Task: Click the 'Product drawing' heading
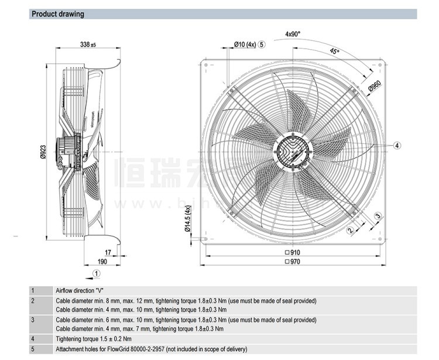[57, 14]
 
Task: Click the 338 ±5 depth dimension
[88, 44]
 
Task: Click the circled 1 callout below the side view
[97, 273]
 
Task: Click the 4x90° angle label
[293, 34]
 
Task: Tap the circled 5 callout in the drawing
[262, 44]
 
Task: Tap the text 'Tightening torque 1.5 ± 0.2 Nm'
[94, 338]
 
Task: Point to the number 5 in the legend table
[33, 349]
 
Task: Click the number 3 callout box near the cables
[378, 217]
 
